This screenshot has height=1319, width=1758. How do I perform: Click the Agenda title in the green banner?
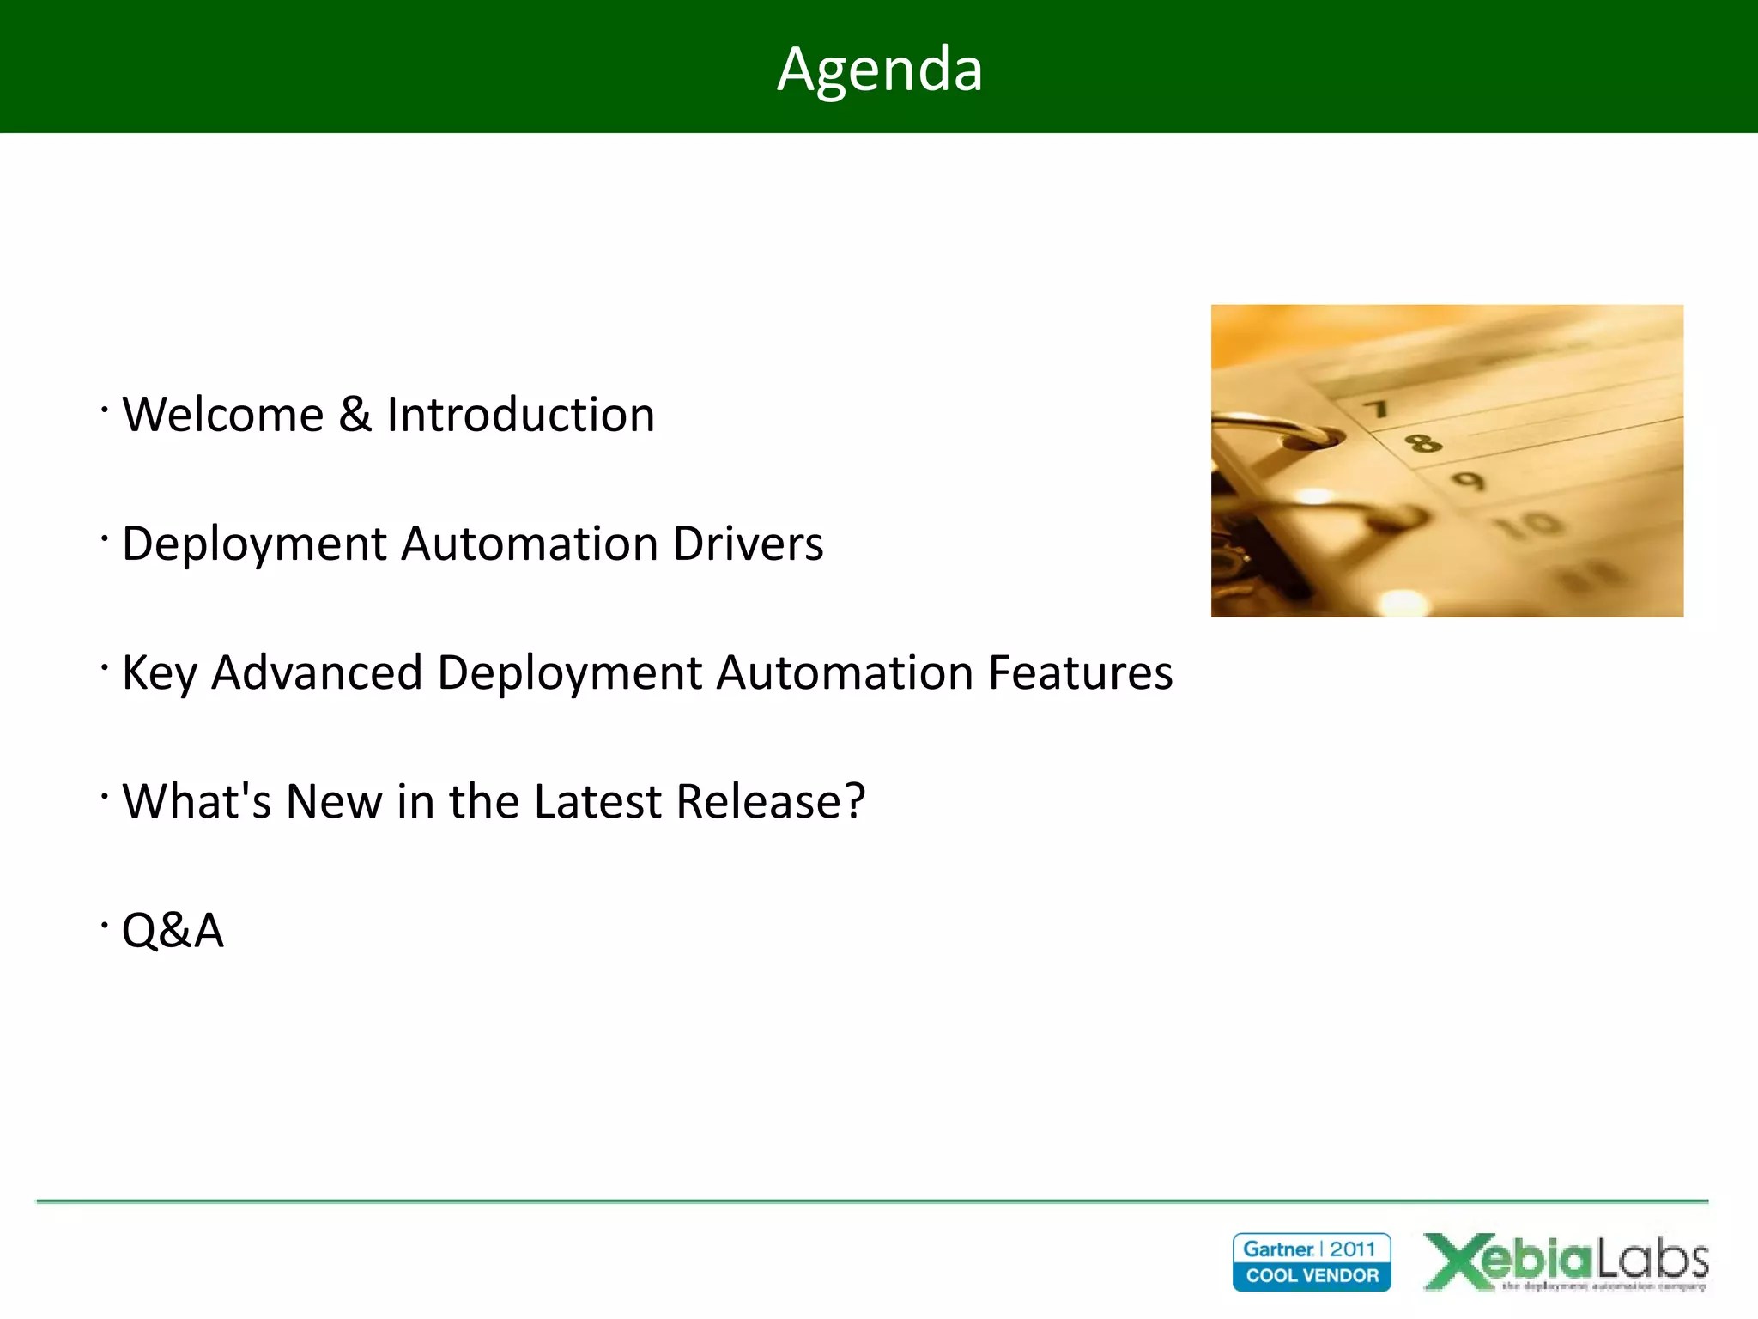pyautogui.click(x=879, y=69)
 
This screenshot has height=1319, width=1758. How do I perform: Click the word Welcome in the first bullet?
pyautogui.click(x=223, y=415)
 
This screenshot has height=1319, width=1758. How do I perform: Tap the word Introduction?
pyautogui.click(x=520, y=415)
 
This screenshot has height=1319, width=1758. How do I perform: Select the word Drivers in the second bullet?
pyautogui.click(x=748, y=544)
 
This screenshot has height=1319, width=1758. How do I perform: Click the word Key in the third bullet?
pyautogui.click(x=160, y=672)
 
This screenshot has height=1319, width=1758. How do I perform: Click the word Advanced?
pyautogui.click(x=317, y=672)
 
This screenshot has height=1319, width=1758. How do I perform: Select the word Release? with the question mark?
pyautogui.click(x=770, y=801)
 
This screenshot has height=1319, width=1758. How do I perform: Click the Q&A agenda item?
pyautogui.click(x=173, y=930)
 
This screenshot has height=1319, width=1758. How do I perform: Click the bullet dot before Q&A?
pyautogui.click(x=104, y=925)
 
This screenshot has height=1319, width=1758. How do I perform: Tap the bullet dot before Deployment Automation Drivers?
pyautogui.click(x=104, y=538)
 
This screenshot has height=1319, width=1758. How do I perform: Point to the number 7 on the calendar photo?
pyautogui.click(x=1378, y=409)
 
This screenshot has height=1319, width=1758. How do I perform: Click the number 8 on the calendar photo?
pyautogui.click(x=1422, y=443)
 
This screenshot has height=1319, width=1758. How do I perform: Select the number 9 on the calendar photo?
pyautogui.click(x=1469, y=480)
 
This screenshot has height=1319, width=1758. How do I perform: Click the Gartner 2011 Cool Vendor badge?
pyautogui.click(x=1311, y=1261)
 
